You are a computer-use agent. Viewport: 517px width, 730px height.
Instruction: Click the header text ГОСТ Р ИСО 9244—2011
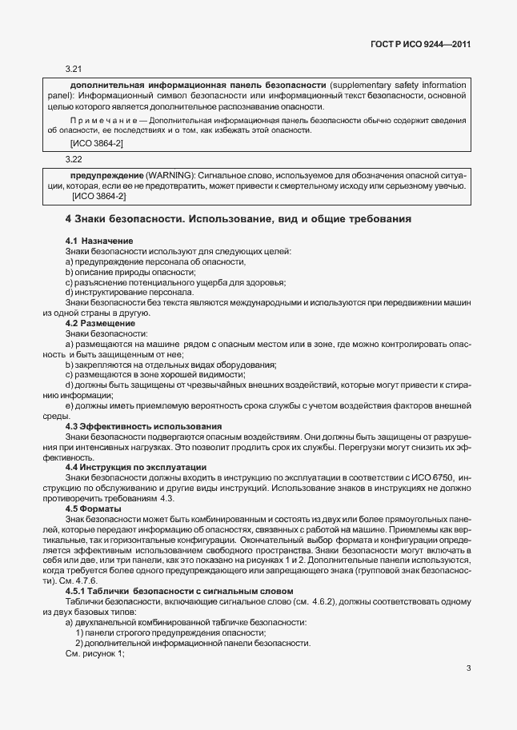pos(431,45)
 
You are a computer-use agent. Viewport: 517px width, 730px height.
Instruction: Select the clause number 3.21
pos(74,70)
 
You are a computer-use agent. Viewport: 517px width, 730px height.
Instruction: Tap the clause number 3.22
pos(74,159)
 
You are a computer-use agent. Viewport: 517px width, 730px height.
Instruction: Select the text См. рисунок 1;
pos(96,654)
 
